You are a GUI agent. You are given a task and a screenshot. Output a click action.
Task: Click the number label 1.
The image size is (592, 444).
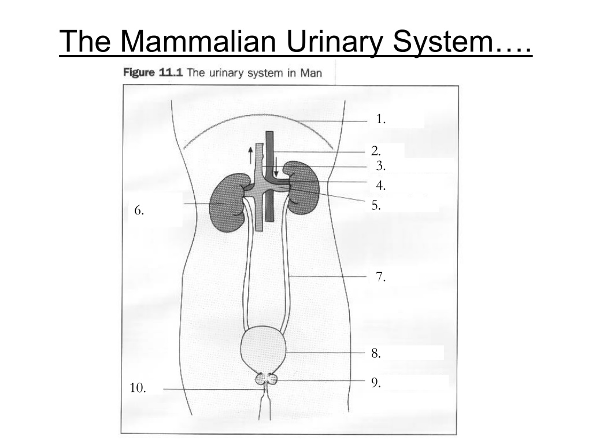point(380,119)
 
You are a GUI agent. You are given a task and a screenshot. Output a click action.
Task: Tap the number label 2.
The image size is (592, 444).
point(376,151)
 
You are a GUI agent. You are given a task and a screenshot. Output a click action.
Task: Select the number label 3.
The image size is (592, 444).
point(380,165)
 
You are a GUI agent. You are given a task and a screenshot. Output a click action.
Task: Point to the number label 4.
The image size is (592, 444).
point(380,186)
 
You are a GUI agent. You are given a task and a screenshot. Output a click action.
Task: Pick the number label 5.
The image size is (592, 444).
point(376,205)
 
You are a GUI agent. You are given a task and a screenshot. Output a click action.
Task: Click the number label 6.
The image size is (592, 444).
point(139,210)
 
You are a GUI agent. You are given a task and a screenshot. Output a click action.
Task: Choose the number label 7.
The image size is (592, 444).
point(380,277)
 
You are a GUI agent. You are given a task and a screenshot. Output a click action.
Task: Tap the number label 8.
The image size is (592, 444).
point(376,353)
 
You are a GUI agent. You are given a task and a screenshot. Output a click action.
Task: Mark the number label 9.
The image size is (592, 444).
point(376,383)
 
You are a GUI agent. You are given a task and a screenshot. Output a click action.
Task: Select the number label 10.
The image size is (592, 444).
point(138,388)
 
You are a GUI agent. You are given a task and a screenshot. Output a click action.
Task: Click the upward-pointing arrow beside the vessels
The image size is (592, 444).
point(250,155)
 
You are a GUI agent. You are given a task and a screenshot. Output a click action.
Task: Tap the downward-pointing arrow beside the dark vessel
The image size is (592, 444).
point(276,167)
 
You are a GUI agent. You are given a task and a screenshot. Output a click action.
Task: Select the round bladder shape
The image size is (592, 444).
point(264,349)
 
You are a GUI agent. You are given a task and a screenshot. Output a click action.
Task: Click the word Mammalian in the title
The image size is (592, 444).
point(198,41)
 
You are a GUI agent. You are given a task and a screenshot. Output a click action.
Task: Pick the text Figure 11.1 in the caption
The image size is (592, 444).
point(153,72)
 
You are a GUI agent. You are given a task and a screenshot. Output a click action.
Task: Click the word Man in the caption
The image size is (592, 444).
point(311,73)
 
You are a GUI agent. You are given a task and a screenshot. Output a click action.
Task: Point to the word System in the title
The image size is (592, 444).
point(442,42)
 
